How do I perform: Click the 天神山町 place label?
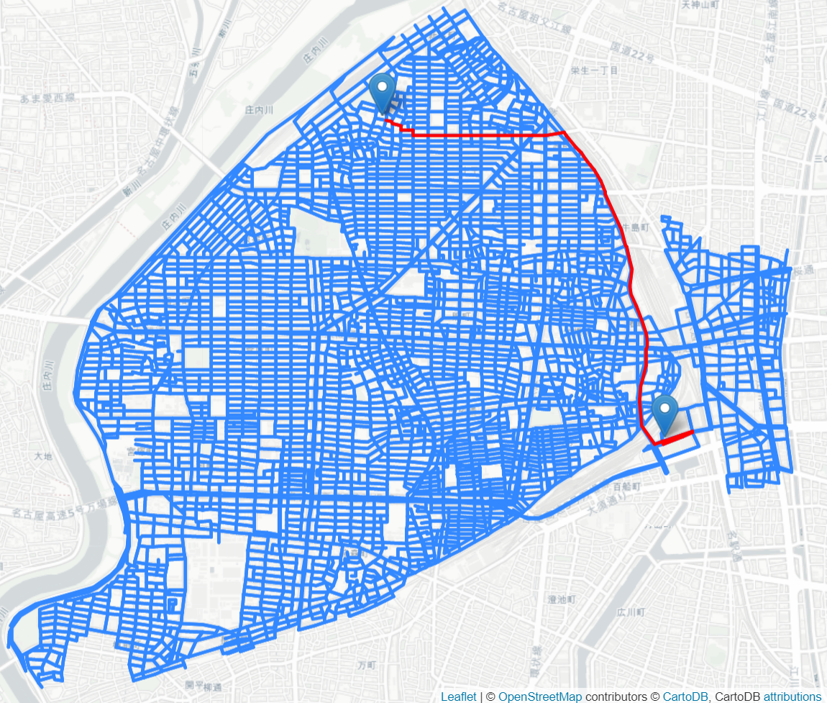(x=700, y=4)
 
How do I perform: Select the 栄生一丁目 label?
(x=594, y=71)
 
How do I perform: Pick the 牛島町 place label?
(x=636, y=226)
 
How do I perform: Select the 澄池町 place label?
(x=559, y=599)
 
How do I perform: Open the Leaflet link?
(x=458, y=697)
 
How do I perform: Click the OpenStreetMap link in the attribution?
(x=539, y=697)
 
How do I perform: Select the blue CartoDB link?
(x=686, y=697)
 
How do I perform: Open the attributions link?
(x=792, y=697)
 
